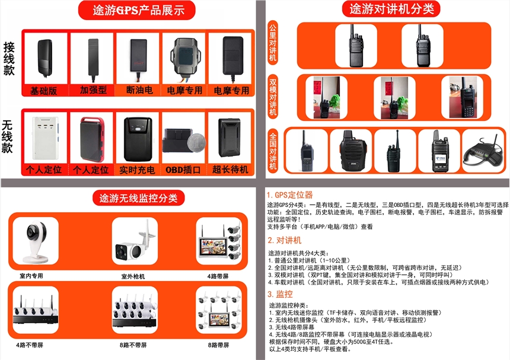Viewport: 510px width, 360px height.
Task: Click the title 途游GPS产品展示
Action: tap(139, 11)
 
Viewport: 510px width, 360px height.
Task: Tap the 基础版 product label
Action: tap(43, 91)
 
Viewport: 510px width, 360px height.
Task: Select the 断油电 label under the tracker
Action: tap(139, 90)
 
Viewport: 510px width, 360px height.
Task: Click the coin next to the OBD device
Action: tap(196, 142)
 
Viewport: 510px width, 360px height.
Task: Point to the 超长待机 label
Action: tap(230, 170)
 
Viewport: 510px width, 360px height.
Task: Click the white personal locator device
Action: tap(45, 138)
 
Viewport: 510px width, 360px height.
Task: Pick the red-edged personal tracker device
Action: tap(93, 140)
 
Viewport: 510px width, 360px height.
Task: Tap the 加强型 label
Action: tap(93, 90)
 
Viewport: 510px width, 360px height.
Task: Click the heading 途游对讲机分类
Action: tap(391, 9)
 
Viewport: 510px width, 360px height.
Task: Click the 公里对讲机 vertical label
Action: tap(273, 42)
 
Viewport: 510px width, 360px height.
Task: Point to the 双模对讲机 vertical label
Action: tap(273, 97)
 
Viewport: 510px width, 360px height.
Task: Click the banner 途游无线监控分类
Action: tap(139, 198)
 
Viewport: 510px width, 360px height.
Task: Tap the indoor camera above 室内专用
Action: tap(36, 241)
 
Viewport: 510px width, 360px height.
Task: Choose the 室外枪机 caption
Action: tap(133, 276)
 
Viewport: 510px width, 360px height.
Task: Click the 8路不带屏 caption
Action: tap(133, 345)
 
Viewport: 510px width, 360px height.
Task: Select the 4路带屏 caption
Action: tap(218, 276)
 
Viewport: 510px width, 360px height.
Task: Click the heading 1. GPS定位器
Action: tap(289, 195)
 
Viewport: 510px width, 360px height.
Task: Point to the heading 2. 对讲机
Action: tap(285, 240)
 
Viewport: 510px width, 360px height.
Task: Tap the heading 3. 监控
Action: tap(280, 294)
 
